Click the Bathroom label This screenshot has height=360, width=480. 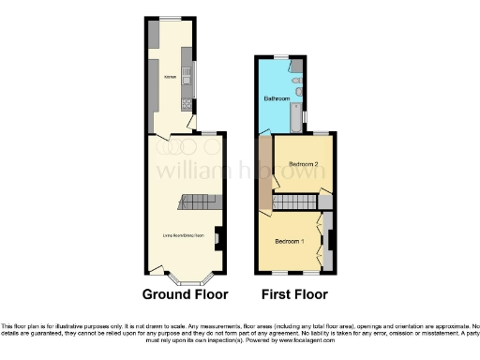(x=276, y=97)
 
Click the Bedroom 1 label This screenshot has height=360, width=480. (x=290, y=241)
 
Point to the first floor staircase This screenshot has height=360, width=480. (x=295, y=202)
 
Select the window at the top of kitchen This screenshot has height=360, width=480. (x=170, y=18)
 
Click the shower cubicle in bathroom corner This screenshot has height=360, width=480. (x=295, y=66)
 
